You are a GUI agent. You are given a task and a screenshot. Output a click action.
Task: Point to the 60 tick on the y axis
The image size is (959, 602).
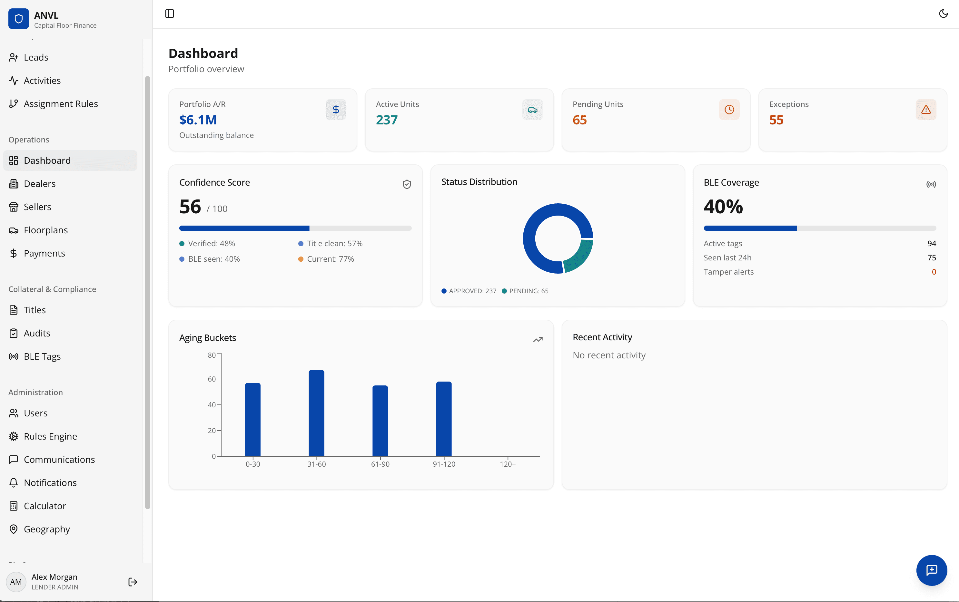[212, 379]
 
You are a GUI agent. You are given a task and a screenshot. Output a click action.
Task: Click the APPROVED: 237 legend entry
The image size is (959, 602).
[469, 291]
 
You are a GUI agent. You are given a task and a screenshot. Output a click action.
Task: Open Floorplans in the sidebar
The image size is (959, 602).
[46, 230]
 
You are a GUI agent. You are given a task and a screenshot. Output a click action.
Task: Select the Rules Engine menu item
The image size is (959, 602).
[50, 436]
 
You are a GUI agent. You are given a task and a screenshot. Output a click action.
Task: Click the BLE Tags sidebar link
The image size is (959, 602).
[42, 356]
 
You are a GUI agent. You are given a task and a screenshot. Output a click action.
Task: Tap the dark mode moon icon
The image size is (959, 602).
[943, 14]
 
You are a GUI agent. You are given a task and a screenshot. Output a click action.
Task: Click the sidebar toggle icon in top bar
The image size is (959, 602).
[170, 14]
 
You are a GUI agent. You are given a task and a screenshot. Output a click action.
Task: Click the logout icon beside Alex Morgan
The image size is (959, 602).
[133, 582]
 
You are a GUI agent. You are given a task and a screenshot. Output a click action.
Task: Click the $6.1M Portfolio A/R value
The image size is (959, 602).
[198, 120]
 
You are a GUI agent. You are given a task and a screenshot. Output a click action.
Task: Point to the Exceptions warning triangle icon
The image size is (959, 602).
[925, 110]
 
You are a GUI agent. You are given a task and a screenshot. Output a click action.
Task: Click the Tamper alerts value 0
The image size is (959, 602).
[934, 272]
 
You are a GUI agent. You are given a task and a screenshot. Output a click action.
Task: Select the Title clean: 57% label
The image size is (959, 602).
[334, 243]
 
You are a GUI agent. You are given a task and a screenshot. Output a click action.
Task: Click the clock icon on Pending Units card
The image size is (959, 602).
[729, 110]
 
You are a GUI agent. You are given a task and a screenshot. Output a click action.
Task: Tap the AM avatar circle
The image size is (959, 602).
[16, 582]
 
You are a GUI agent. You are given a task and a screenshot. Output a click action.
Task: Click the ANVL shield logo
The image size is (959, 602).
[19, 19]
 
